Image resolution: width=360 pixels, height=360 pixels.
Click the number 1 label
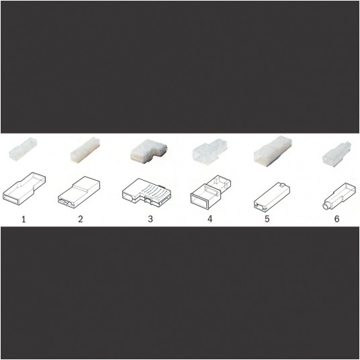pyautogui.click(x=24, y=219)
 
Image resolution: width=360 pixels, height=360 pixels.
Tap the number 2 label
pyautogui.click(x=81, y=219)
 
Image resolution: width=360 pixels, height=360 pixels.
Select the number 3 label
pyautogui.click(x=150, y=219)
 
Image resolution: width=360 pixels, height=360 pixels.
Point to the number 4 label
pyautogui.click(x=210, y=219)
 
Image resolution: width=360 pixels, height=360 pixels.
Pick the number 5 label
pyautogui.click(x=267, y=219)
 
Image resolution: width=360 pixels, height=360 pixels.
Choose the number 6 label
pyautogui.click(x=336, y=219)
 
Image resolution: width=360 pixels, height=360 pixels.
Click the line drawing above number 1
pyautogui.click(x=24, y=188)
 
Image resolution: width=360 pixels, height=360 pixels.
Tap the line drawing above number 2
pyautogui.click(x=79, y=190)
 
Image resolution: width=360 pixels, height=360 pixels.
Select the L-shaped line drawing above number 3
pyautogui.click(x=146, y=192)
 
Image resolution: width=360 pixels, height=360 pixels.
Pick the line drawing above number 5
pyautogui.click(x=272, y=197)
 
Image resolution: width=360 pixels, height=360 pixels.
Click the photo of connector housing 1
pyautogui.click(x=23, y=148)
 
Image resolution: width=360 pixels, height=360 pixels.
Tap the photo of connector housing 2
pyautogui.click(x=85, y=150)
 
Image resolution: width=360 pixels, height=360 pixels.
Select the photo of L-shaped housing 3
pyautogui.click(x=149, y=152)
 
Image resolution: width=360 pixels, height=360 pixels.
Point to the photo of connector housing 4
pyautogui.click(x=210, y=151)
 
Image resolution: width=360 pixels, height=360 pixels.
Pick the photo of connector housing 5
pyautogui.click(x=273, y=151)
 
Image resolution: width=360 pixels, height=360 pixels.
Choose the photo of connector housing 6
pyautogui.click(x=336, y=153)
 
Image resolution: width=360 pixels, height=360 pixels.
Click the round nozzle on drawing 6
pyautogui.click(x=326, y=206)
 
